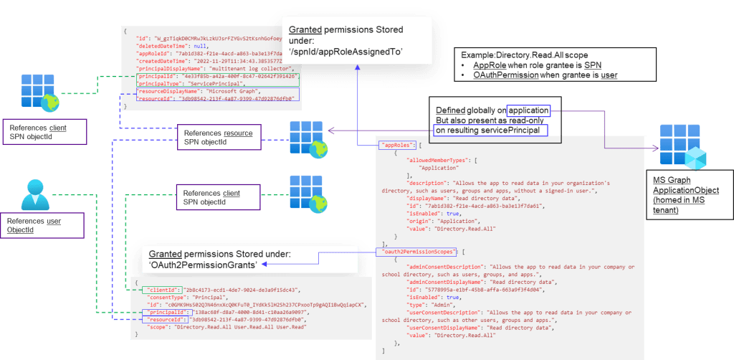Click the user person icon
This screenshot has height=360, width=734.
[35, 188]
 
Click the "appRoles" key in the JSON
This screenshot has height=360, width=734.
[393, 144]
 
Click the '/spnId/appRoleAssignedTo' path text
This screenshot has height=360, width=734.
[345, 52]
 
